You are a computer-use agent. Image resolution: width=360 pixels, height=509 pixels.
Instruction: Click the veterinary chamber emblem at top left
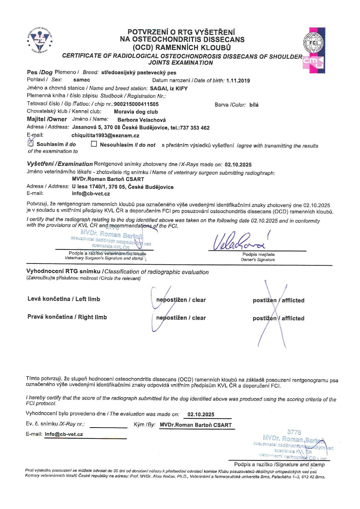(x=40, y=40)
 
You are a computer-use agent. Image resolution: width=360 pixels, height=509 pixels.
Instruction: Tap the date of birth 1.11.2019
(x=238, y=81)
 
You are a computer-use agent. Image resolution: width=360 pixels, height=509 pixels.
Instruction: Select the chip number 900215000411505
(x=136, y=104)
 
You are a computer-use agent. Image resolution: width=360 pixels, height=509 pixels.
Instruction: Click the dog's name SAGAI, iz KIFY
(x=169, y=89)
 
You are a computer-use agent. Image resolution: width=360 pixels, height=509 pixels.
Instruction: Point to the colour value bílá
(x=254, y=105)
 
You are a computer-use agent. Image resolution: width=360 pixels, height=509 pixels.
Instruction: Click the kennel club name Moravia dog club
(x=136, y=112)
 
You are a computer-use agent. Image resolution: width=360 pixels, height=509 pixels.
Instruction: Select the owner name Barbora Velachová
(x=141, y=120)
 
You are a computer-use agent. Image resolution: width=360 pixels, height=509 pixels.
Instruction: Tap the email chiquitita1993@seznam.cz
(x=105, y=136)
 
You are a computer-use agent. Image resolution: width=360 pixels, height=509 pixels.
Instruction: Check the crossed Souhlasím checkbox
(x=31, y=143)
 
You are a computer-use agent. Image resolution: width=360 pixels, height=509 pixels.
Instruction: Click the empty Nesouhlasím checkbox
(x=94, y=144)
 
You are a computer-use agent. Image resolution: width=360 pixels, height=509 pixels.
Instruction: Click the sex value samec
(x=82, y=80)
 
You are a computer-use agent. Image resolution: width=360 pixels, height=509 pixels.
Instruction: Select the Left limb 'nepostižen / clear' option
(x=181, y=300)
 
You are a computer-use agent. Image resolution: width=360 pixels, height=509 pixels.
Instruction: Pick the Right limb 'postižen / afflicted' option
(x=278, y=318)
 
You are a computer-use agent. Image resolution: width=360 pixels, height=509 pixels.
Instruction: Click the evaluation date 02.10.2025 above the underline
(x=201, y=414)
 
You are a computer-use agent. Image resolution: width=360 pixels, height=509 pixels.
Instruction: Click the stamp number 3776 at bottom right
(x=294, y=432)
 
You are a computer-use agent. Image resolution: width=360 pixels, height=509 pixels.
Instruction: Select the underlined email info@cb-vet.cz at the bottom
(x=64, y=434)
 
